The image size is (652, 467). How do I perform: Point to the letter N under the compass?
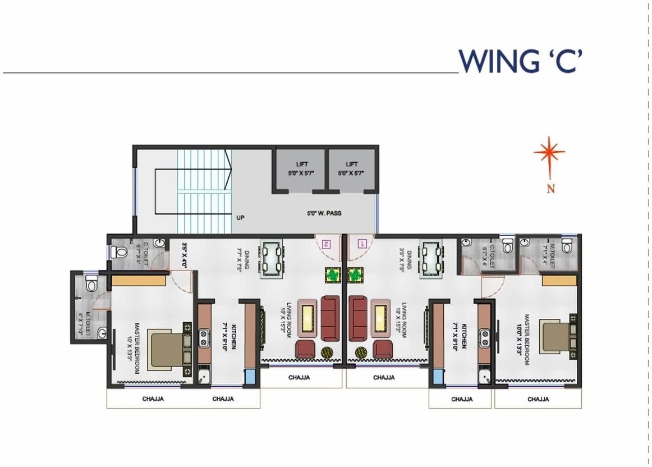point(551,189)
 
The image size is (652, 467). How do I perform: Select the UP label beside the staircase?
point(240,218)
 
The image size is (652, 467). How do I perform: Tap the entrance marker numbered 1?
point(362,244)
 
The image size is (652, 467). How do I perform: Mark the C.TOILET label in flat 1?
point(490,256)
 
